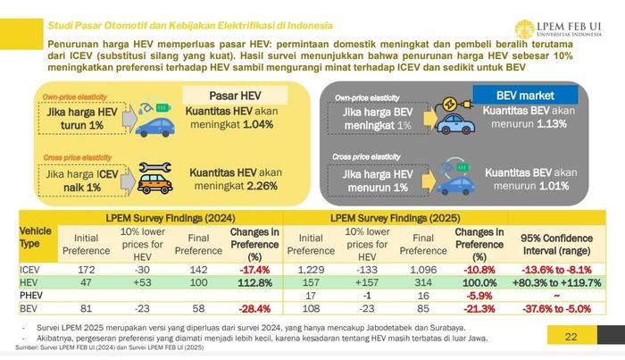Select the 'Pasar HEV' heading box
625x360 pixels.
(x=227, y=95)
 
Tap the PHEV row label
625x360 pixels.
(x=32, y=295)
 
